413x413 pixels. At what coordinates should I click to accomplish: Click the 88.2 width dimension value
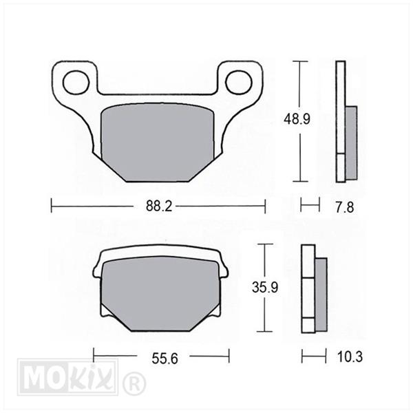[159, 206]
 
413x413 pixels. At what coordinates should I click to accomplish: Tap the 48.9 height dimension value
[297, 119]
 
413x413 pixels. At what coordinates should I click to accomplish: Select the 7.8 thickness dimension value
[345, 207]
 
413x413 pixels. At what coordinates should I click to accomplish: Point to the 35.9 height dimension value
[265, 287]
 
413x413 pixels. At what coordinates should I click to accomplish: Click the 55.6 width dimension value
[165, 359]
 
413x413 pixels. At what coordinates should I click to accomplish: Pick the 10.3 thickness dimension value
[350, 357]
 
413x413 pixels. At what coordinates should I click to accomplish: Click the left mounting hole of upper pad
[76, 83]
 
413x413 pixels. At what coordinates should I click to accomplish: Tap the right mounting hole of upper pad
[239, 83]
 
